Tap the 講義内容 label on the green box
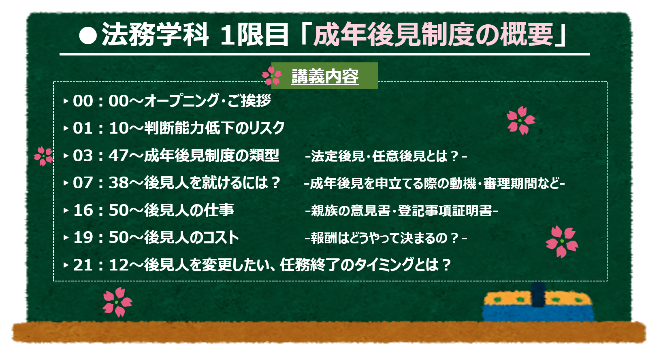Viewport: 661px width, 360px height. [x=325, y=77]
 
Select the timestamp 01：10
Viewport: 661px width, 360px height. [x=101, y=128]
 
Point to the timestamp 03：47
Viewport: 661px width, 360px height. [x=101, y=156]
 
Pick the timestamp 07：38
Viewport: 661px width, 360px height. [x=101, y=183]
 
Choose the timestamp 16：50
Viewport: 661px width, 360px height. [x=101, y=211]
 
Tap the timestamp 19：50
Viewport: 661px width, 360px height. [x=101, y=238]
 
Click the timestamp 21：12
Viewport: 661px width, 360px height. [x=101, y=265]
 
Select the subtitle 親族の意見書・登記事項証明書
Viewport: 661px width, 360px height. [x=401, y=211]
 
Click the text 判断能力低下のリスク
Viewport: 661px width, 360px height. [x=214, y=128]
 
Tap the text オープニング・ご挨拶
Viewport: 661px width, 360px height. [x=207, y=100]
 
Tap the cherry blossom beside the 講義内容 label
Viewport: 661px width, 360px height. [x=271, y=76]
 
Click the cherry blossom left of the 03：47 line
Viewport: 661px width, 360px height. [x=43, y=156]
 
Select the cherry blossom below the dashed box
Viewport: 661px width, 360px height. [x=117, y=302]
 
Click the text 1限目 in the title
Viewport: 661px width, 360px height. [x=254, y=35]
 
